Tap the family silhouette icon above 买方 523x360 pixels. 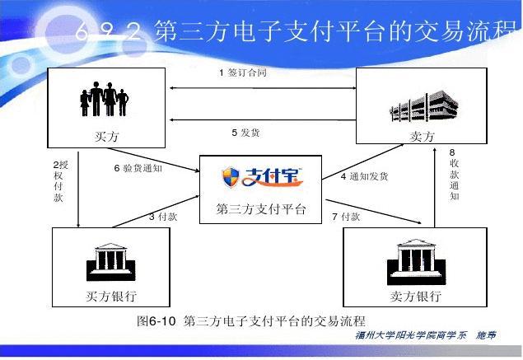(104, 97)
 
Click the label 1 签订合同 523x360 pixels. (243, 72)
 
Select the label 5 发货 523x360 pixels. (245, 132)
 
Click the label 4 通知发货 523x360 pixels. (364, 176)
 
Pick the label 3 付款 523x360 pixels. (162, 217)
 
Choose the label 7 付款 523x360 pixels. (346, 217)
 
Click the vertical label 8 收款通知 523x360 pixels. (454, 174)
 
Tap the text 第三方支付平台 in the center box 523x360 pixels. (261, 209)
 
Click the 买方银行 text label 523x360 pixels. (111, 297)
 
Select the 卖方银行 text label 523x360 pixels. (415, 297)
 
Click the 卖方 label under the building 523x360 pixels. (422, 137)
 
